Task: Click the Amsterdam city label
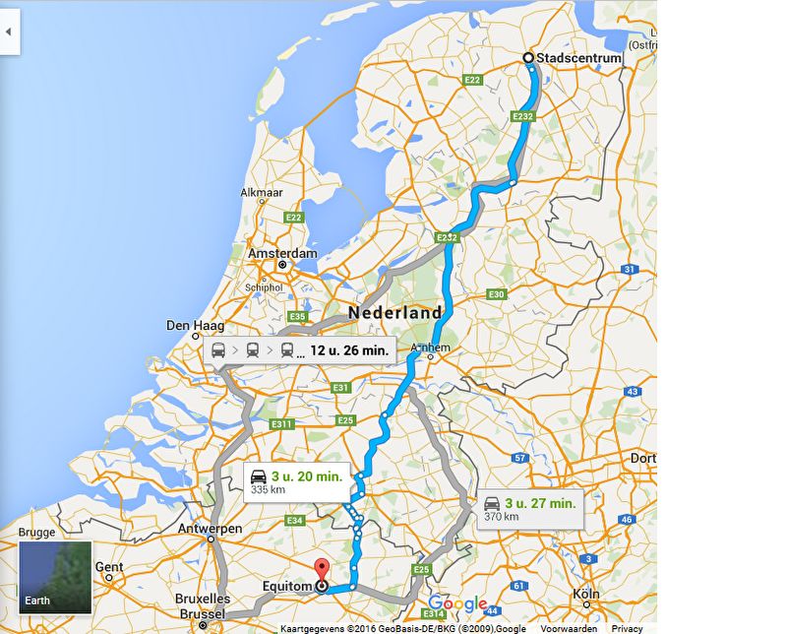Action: coord(282,253)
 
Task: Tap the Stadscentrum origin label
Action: coord(578,58)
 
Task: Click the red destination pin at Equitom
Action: coord(321,571)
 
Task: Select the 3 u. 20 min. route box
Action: coord(297,481)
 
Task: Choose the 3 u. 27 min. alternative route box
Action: coord(529,509)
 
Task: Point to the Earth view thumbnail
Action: coord(55,577)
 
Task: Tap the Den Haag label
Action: coord(195,325)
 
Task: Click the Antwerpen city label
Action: coord(211,529)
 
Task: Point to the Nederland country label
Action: coord(394,312)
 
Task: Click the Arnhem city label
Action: coord(431,348)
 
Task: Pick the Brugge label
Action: coord(37,532)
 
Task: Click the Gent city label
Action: coord(109,567)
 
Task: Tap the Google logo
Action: coord(457,603)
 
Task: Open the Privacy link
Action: coord(627,628)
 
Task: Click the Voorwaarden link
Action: coord(568,628)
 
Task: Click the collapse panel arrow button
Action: coord(9,32)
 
